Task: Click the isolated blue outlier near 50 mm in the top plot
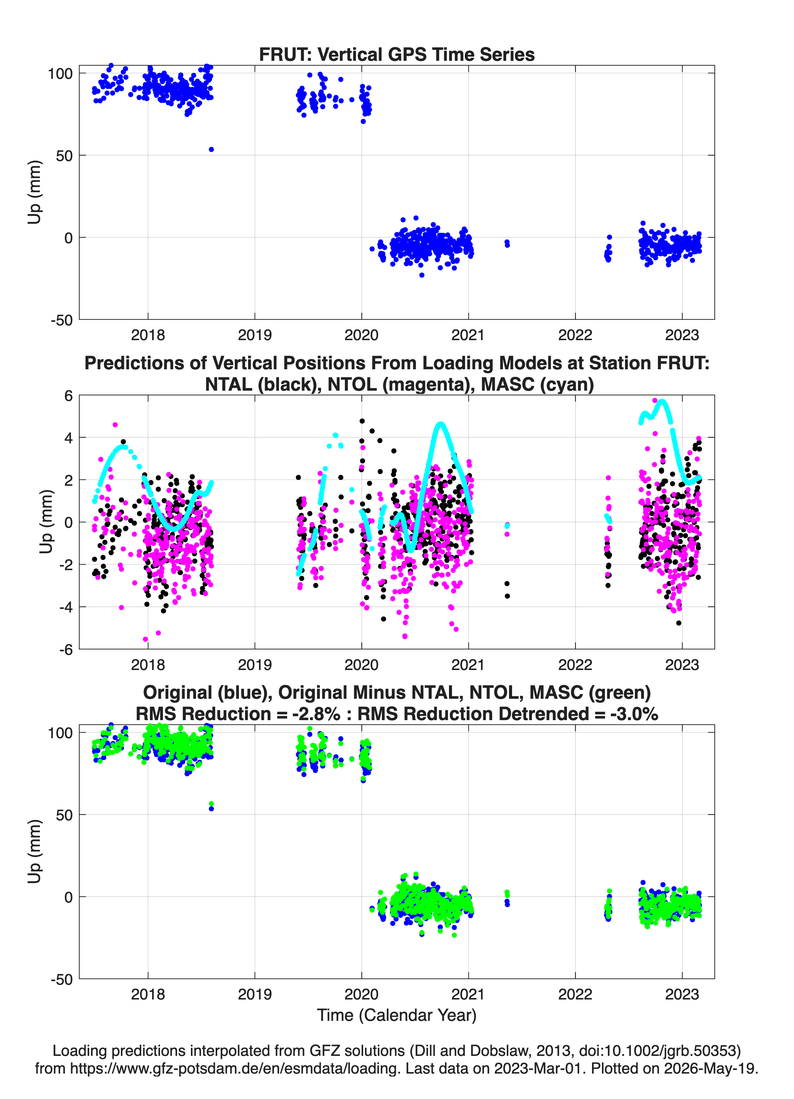coord(211,149)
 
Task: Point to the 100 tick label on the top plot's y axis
coord(60,74)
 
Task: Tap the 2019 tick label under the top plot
coord(254,335)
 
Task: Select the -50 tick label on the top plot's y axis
coord(62,320)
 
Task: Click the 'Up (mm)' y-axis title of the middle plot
coord(46,521)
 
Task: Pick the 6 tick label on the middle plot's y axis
coord(68,396)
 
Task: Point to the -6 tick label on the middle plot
coord(66,650)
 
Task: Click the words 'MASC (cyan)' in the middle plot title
coord(537,384)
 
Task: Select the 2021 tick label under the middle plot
coord(468,665)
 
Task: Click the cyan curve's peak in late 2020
coord(440,425)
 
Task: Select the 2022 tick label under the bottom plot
coord(575,994)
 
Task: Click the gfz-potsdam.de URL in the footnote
coord(236,1068)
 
